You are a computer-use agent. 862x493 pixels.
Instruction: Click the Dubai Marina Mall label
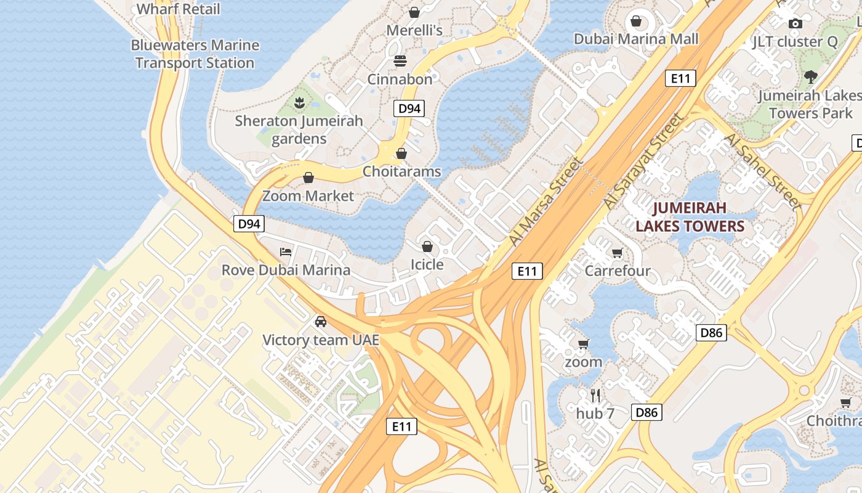point(636,39)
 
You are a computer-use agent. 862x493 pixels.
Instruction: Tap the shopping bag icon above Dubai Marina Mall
point(636,22)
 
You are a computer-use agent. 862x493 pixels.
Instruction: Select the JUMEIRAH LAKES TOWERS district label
point(690,217)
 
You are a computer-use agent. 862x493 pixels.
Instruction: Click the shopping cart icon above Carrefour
point(617,253)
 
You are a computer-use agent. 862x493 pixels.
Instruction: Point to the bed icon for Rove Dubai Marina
point(286,251)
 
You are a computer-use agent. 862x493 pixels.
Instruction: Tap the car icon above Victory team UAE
point(320,322)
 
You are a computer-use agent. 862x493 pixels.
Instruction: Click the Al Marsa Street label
point(546,201)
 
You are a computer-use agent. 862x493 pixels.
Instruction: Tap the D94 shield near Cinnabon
point(409,109)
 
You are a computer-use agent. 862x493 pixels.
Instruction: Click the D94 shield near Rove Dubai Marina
point(249,224)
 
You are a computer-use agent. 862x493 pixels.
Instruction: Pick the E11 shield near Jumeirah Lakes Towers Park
point(680,78)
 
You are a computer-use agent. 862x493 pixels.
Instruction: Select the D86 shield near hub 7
point(647,413)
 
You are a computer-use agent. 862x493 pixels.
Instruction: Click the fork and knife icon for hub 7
point(595,395)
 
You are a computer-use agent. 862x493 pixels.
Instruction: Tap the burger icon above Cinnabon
point(400,61)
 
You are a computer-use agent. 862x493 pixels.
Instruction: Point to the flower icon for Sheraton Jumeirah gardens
point(299,102)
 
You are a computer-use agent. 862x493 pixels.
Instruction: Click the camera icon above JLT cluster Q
point(796,23)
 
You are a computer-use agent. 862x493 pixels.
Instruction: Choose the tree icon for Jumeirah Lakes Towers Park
point(811,77)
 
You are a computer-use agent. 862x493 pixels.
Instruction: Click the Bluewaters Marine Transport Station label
point(195,54)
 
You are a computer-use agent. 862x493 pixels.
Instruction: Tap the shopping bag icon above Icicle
point(427,246)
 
